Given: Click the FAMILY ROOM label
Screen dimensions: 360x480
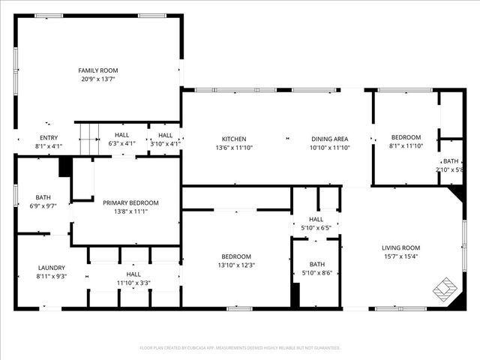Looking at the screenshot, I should [99, 70].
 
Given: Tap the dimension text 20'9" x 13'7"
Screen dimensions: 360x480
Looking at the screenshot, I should [99, 79].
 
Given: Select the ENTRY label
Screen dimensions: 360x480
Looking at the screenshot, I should [48, 138].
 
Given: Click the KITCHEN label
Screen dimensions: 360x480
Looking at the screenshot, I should [233, 139].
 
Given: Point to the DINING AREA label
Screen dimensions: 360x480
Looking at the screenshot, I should [330, 139].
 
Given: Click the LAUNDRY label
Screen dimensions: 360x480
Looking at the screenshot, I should [52, 268].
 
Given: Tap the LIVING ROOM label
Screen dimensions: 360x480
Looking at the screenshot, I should [401, 248].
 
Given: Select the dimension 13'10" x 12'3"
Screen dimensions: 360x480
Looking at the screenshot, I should [236, 265].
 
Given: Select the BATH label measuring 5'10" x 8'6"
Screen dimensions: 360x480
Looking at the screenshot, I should [316, 264].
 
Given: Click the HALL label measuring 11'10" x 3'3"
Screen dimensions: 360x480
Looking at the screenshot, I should [133, 274].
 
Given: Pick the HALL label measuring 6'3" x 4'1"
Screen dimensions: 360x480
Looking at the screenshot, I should [121, 135].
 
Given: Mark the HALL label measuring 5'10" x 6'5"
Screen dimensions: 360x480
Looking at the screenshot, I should [316, 220].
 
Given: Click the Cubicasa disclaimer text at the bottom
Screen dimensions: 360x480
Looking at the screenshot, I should [240, 348].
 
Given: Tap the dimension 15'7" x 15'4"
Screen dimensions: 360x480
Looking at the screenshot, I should [401, 256].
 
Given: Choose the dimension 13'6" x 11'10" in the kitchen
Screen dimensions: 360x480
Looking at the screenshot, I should [233, 147].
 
